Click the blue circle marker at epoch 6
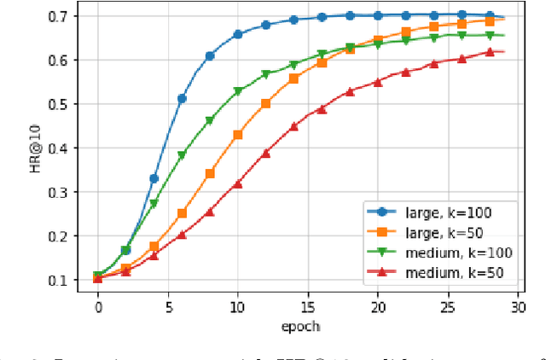tap(182, 99)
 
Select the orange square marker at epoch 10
tap(237, 135)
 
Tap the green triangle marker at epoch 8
tap(210, 121)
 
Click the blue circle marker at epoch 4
tap(154, 178)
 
